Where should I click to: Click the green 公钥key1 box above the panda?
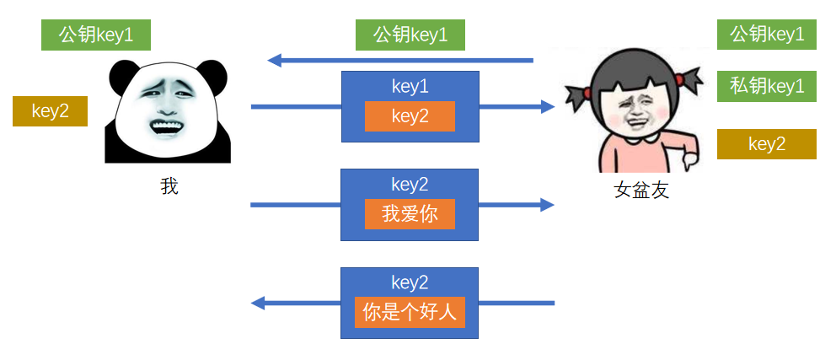[x=95, y=35]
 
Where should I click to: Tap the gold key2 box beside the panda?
[x=50, y=110]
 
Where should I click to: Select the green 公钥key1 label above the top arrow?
[x=410, y=35]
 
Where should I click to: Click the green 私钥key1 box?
[x=766, y=85]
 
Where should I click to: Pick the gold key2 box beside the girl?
[x=766, y=144]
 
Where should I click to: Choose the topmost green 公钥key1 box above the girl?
[x=766, y=35]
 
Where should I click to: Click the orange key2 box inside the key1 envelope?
[x=410, y=116]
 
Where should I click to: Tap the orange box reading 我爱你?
[x=410, y=214]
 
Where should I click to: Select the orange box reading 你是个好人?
[x=410, y=313]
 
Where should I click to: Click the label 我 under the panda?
[x=169, y=186]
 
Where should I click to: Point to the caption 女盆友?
[x=641, y=191]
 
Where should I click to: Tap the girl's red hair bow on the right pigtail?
[x=689, y=81]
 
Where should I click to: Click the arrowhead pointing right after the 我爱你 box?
[x=547, y=205]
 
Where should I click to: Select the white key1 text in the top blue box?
[x=410, y=85]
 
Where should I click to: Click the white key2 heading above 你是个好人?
[x=410, y=282]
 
